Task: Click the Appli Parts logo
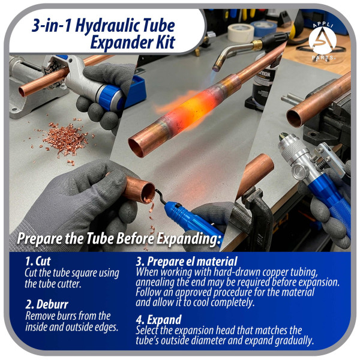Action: [x=322, y=41]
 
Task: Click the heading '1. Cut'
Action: [x=38, y=261]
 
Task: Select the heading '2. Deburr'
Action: [x=47, y=304]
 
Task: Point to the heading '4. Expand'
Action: [x=158, y=320]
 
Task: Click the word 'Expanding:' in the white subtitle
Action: [x=189, y=239]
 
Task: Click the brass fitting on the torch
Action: [x=257, y=44]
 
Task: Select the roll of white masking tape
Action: [x=241, y=32]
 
